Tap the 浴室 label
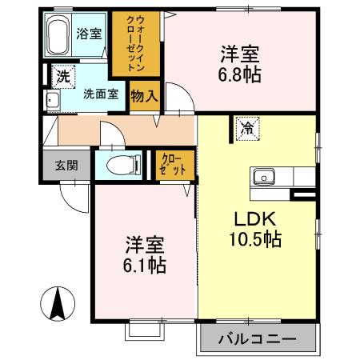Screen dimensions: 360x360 pyautogui.click(x=89, y=34)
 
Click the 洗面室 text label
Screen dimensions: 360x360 pyautogui.click(x=102, y=94)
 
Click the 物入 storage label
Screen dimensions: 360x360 pyautogui.click(x=145, y=95)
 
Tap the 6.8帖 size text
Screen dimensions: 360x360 pyautogui.click(x=242, y=76)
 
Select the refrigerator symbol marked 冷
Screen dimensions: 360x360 pyautogui.click(x=247, y=126)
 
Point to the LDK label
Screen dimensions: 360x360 pyautogui.click(x=254, y=218)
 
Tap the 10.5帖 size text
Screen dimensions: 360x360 pyautogui.click(x=256, y=239)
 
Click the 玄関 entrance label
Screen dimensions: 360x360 pyautogui.click(x=66, y=166)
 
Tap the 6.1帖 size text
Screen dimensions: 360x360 pyautogui.click(x=145, y=266)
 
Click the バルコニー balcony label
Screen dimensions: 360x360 pyautogui.click(x=257, y=339)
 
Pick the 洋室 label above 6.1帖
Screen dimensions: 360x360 pyautogui.click(x=145, y=245)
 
